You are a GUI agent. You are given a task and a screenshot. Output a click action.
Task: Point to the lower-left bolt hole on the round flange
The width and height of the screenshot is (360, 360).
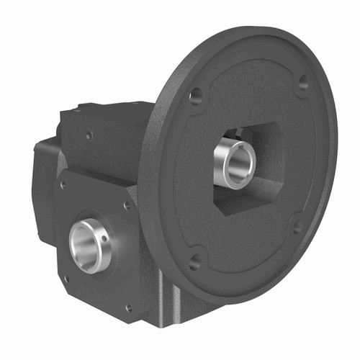[x=194, y=261]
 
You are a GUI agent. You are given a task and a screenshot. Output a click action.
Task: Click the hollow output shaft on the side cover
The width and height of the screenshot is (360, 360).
[x=87, y=245]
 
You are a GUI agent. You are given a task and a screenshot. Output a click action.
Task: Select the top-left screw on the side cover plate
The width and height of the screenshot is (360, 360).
[x=63, y=184]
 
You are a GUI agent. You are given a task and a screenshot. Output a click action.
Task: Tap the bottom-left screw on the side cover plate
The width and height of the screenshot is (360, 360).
[x=67, y=277]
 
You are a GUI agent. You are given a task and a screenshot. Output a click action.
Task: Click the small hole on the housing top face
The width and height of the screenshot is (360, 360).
[x=89, y=134]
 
